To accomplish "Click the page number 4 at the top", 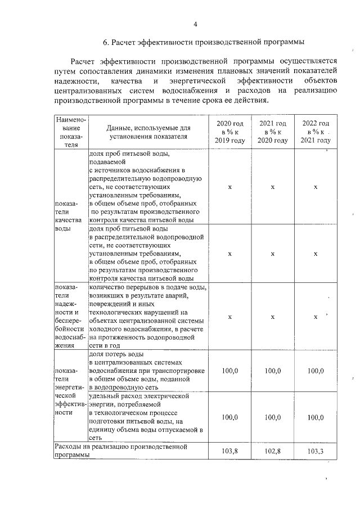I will click(195, 24).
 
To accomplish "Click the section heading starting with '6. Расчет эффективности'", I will click(203, 42).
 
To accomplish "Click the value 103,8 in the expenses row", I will click(230, 451).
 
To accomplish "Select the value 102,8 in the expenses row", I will click(272, 451).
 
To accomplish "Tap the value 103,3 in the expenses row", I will click(316, 451).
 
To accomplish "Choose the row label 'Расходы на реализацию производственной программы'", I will click(120, 451).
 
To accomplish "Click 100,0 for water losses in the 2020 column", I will click(230, 371).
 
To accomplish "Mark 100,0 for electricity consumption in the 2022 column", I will click(316, 417).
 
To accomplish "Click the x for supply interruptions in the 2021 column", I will click(272, 317).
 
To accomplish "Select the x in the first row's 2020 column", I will click(230, 187).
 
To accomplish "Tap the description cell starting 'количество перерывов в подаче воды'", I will click(148, 317).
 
